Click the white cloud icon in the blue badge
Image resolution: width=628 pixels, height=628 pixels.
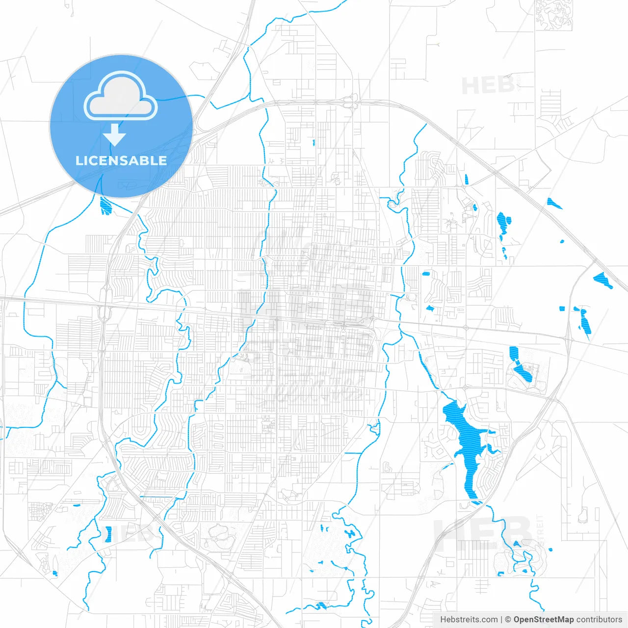click(121, 96)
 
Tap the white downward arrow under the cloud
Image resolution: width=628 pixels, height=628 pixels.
click(115, 134)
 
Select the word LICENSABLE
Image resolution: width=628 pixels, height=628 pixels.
click(121, 160)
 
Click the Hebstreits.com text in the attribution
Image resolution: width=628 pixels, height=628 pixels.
click(469, 620)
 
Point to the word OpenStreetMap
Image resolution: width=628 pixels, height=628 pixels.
click(543, 620)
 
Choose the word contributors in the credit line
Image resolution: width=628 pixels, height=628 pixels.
click(599, 620)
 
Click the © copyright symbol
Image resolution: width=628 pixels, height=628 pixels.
click(508, 620)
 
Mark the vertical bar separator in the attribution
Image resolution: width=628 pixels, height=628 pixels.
click(501, 620)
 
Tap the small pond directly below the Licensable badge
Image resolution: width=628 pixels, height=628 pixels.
click(105, 206)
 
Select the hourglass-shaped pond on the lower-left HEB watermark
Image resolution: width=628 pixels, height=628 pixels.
click(108, 534)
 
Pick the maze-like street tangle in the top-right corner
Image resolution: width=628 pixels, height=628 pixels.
click(553, 15)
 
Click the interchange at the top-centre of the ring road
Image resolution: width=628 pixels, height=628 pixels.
click(351, 101)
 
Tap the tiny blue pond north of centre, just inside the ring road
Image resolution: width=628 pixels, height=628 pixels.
click(314, 143)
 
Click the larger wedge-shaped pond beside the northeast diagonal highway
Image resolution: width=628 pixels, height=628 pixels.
click(602, 280)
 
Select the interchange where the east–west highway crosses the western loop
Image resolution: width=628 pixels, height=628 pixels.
click(103, 307)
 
